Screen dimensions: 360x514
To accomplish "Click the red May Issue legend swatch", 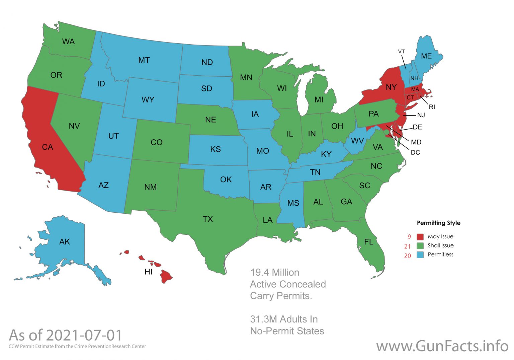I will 420,237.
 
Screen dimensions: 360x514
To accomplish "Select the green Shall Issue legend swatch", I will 420,246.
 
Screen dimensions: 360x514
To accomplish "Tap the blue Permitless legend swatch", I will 420,255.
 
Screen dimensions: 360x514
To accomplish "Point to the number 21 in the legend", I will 407,246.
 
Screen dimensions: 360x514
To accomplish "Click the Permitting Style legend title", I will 438,223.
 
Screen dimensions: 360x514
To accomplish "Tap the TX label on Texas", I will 207,219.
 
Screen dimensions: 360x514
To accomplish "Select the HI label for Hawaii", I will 148,272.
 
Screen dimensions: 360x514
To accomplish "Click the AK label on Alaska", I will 64,241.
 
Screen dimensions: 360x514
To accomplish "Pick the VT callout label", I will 401,52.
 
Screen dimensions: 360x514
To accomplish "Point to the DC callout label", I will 415,152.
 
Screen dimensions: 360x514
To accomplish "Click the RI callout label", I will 432,107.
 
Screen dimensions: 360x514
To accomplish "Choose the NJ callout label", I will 421,115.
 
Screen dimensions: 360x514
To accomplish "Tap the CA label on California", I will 48,147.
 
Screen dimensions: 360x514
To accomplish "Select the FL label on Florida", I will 368,241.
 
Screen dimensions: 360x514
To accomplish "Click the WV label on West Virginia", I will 357,141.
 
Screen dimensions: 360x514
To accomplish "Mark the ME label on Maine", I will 426,56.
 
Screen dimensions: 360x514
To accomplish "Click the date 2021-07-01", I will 84,335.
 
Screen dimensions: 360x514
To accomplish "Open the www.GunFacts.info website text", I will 442,346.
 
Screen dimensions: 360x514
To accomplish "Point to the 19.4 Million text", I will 275,272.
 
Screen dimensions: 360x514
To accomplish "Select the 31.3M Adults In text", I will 284,319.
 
